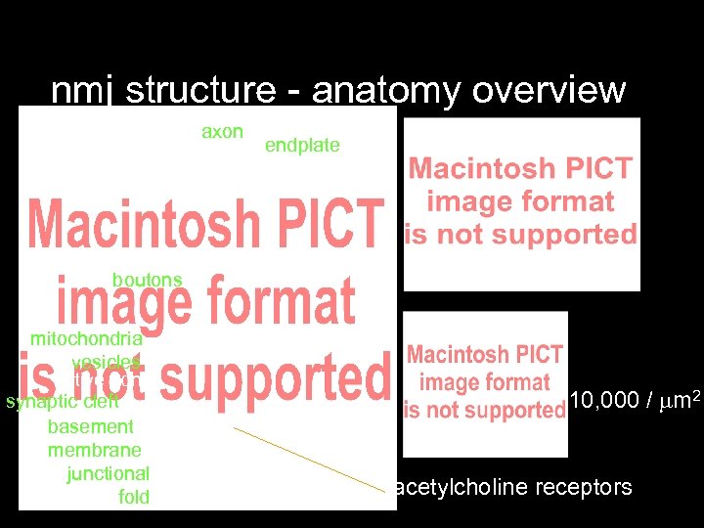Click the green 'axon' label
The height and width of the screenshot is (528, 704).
(222, 131)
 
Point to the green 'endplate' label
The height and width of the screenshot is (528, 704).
(302, 146)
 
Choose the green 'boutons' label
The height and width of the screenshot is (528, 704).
(147, 281)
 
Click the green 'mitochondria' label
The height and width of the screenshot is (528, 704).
(86, 339)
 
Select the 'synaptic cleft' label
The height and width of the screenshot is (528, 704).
(63, 402)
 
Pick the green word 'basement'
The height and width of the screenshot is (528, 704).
(90, 426)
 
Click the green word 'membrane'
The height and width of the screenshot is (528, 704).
(94, 450)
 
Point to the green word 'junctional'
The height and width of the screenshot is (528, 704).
(108, 473)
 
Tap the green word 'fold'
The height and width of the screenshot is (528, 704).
(134, 497)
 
